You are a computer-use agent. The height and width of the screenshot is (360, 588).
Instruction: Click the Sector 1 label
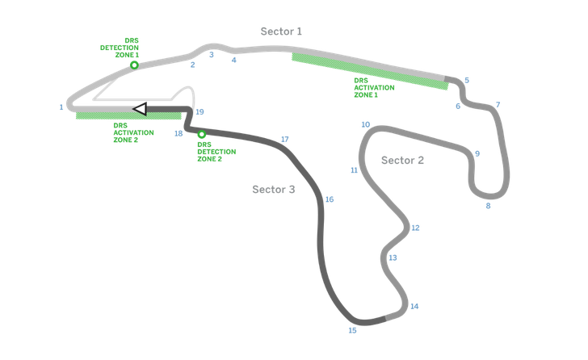click(x=281, y=31)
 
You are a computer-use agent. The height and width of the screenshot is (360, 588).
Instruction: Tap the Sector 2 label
click(x=402, y=160)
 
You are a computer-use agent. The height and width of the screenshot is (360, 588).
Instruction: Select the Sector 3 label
click(x=273, y=190)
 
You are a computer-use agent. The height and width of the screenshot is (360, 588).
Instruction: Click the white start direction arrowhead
click(x=140, y=108)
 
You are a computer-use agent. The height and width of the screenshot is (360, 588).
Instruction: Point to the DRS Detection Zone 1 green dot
click(x=135, y=65)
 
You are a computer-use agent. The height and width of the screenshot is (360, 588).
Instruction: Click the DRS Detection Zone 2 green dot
click(x=201, y=134)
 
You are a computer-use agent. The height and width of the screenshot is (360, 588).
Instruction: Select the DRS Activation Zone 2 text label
click(x=133, y=132)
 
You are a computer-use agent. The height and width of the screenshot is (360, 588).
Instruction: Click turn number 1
click(x=61, y=107)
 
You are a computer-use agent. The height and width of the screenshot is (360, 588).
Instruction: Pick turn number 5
click(x=467, y=79)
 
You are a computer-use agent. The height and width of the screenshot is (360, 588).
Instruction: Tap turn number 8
click(x=487, y=206)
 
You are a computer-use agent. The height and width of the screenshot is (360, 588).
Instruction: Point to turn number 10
click(x=365, y=124)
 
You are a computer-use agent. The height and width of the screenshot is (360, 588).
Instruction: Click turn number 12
click(x=415, y=228)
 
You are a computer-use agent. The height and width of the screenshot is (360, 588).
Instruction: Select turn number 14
click(x=414, y=307)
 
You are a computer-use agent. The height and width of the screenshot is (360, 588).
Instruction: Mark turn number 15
click(x=351, y=330)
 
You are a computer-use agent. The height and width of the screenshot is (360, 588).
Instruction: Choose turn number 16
click(x=329, y=199)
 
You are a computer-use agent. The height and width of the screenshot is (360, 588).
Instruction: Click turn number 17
click(x=284, y=139)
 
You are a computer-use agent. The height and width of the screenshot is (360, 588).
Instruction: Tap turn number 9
click(x=477, y=153)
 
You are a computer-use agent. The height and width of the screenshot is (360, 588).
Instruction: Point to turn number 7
click(x=498, y=104)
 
